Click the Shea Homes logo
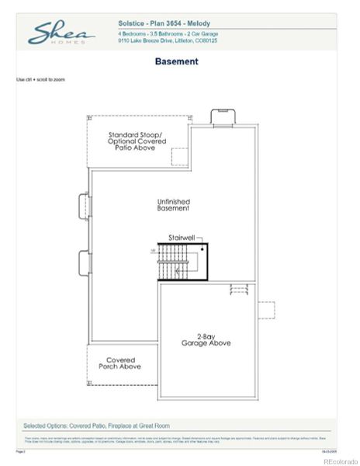coord(61,33)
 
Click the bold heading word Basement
coord(176,61)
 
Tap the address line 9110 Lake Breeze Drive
coord(168,41)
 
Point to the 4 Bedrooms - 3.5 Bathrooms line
coord(168,34)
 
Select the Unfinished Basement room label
coord(173,205)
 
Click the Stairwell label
coord(181,238)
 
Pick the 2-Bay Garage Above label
coord(206,339)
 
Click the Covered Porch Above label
coord(119,363)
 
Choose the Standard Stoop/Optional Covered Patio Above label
coord(137,140)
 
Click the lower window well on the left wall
coord(83,263)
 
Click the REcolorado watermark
coord(338,461)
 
